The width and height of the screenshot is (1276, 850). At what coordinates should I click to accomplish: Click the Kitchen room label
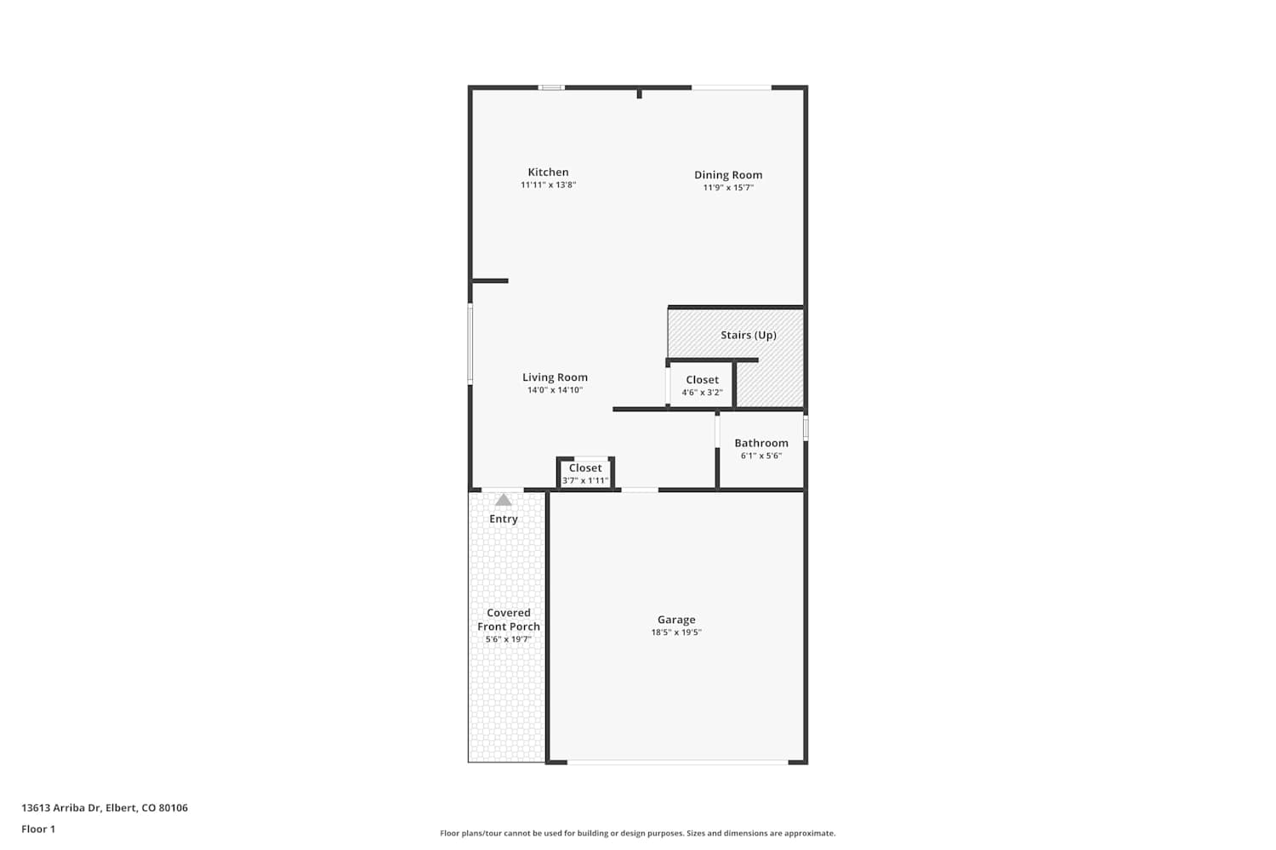click(548, 172)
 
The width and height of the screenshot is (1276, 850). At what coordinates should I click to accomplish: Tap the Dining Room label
click(728, 175)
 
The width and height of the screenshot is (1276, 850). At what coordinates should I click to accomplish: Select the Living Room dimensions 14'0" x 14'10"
click(555, 390)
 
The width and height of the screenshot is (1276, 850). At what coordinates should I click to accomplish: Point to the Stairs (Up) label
click(749, 335)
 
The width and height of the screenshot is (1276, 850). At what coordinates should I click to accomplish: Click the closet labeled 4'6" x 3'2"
click(702, 385)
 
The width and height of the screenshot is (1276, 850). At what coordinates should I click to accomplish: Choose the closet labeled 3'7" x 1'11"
click(585, 473)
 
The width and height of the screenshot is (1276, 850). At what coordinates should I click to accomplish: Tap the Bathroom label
click(761, 443)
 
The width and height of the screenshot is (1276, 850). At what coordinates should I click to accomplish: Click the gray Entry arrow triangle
click(503, 500)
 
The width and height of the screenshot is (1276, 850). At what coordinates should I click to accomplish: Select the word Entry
click(504, 518)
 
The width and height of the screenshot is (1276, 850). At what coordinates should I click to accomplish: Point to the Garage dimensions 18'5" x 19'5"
click(676, 632)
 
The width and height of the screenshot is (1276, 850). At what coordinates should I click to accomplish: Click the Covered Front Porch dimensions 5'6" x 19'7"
click(508, 639)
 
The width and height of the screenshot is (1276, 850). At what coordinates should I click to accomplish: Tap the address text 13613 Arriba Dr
click(61, 807)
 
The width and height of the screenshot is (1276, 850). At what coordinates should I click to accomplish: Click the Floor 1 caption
click(38, 829)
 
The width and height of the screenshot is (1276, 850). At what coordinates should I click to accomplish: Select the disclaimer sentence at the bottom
click(637, 833)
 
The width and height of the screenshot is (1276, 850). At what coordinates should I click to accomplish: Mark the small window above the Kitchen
click(551, 88)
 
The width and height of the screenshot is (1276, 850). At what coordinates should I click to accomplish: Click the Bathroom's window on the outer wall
click(806, 428)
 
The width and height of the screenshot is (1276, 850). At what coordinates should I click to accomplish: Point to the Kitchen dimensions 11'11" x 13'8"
click(548, 185)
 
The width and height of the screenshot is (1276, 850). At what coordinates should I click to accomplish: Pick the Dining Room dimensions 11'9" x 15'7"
click(728, 188)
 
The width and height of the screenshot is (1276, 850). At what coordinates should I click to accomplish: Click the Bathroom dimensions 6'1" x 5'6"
click(761, 456)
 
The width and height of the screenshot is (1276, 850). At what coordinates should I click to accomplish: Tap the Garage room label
click(676, 620)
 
